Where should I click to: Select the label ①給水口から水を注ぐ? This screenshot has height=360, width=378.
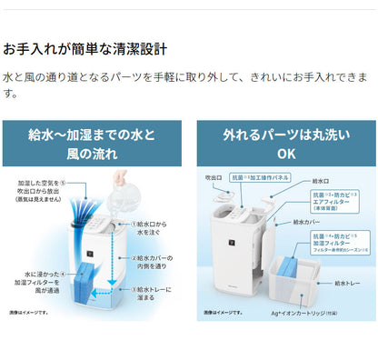coord(153,226)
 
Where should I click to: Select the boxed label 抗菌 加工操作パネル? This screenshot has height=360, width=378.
coord(261,177)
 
